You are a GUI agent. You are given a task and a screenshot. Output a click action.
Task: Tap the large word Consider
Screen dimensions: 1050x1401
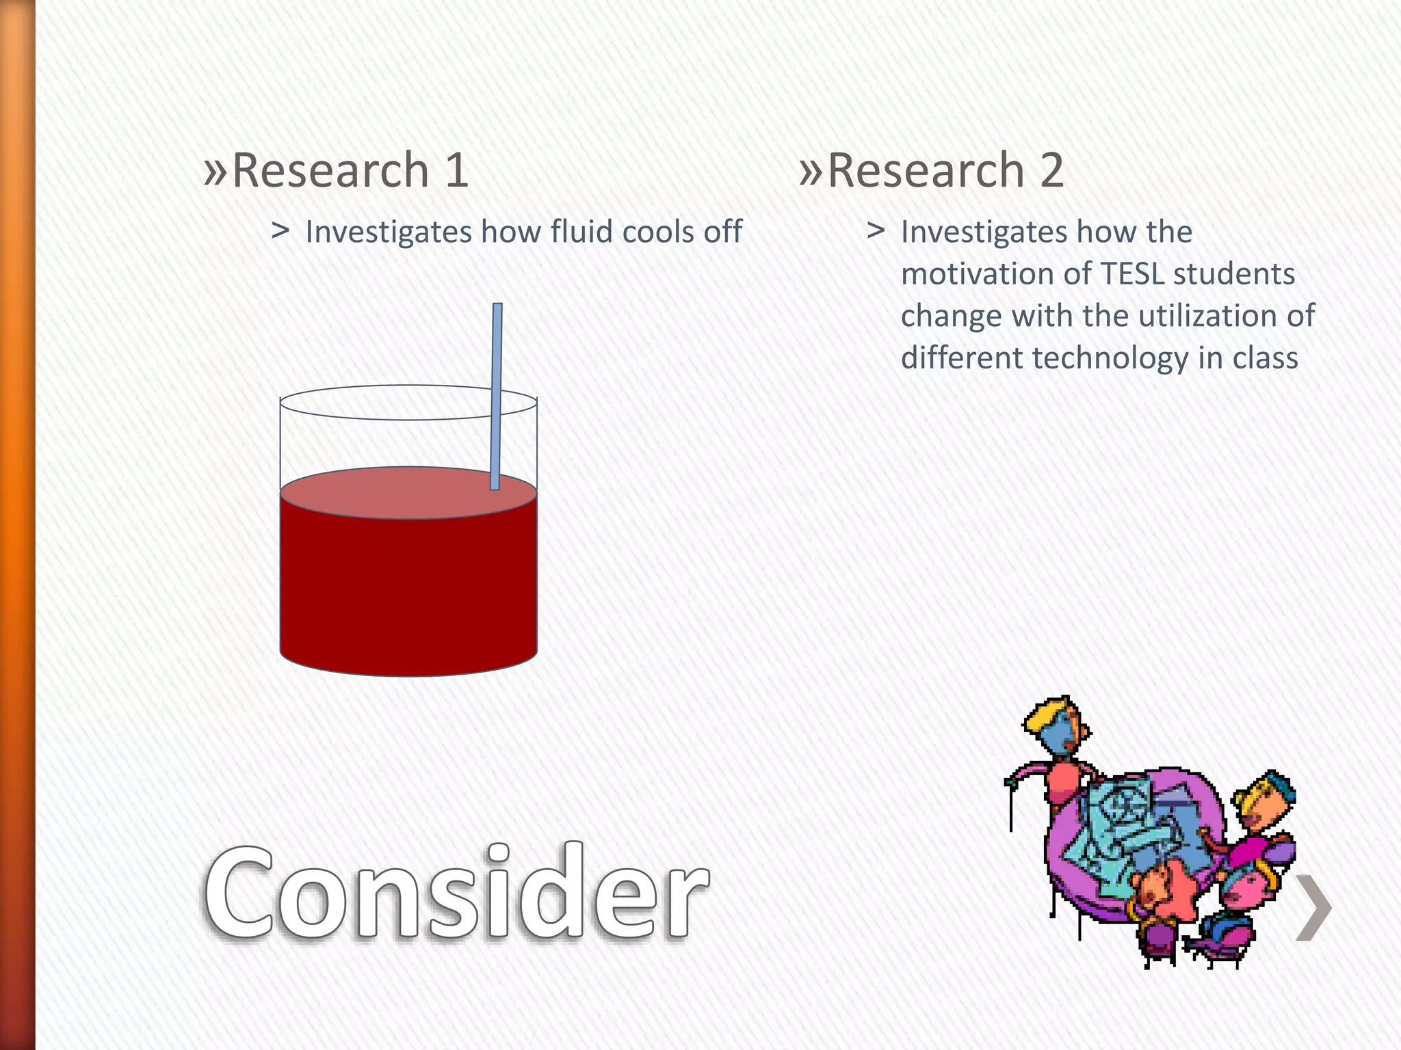(456, 892)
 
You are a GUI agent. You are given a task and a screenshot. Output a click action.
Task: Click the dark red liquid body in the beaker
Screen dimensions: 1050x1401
(408, 588)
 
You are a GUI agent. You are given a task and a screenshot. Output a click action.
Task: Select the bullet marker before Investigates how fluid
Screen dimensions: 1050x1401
(280, 231)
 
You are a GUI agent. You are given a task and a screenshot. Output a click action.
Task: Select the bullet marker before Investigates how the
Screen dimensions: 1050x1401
(876, 231)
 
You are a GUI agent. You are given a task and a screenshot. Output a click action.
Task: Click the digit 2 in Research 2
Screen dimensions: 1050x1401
(1051, 170)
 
